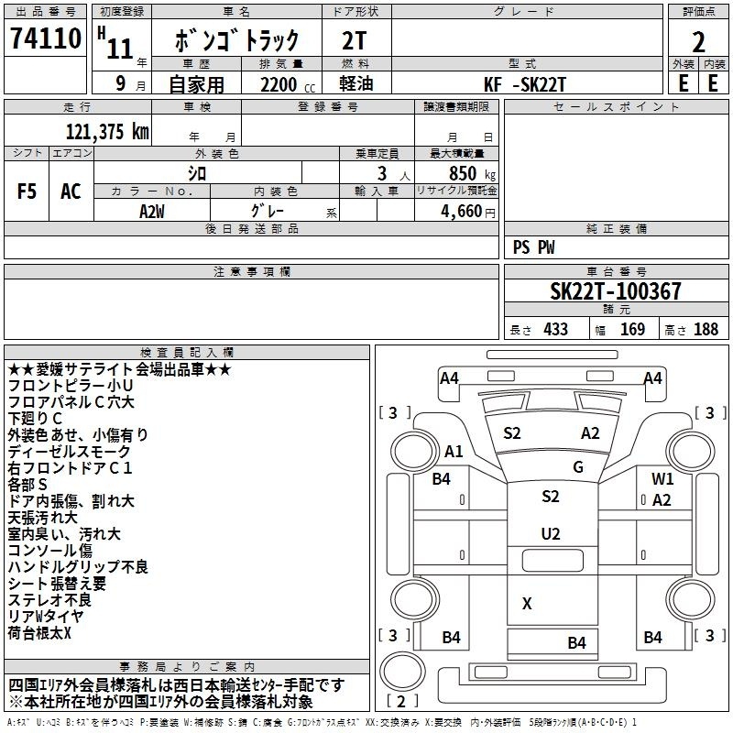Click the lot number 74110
tap(46, 40)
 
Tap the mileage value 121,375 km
tap(107, 130)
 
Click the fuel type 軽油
tap(356, 84)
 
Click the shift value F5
tap(27, 191)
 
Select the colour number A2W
tap(152, 210)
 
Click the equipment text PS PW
tap(534, 247)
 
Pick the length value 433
tap(555, 329)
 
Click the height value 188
tap(706, 329)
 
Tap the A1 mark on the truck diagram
tap(454, 451)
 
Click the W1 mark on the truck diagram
tap(662, 478)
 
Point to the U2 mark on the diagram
tap(551, 533)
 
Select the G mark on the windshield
tap(578, 467)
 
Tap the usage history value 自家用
tap(196, 84)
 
